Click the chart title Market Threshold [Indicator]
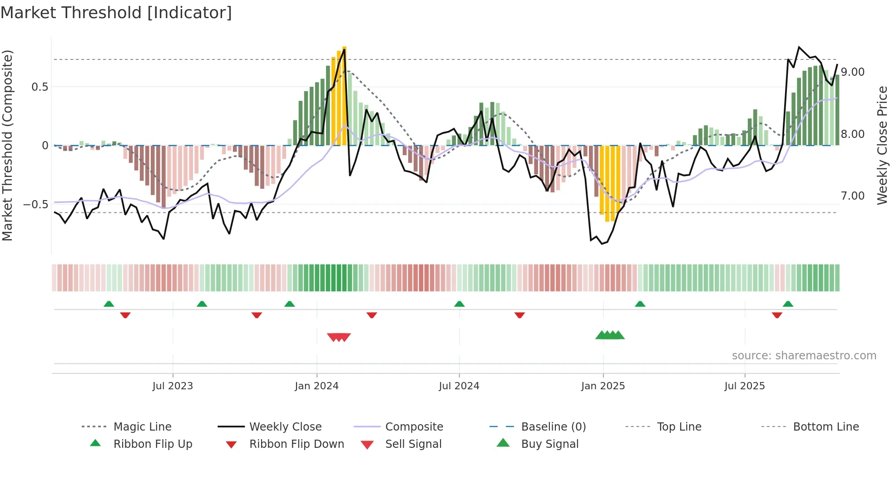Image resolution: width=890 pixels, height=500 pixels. (116, 13)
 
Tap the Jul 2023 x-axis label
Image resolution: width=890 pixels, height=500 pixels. (173, 386)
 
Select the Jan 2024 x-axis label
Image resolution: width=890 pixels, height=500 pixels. (316, 386)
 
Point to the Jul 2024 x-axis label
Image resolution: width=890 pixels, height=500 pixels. (459, 386)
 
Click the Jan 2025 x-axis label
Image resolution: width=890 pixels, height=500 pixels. (603, 386)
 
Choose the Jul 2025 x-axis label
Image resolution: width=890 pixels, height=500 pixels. (744, 386)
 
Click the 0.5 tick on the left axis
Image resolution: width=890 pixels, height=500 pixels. (40, 87)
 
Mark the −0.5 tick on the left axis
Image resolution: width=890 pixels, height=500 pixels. (35, 205)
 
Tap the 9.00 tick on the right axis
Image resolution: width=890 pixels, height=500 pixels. (852, 72)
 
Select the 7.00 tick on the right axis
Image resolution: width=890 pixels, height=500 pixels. (852, 196)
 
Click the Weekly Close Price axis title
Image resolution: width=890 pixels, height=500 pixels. (882, 145)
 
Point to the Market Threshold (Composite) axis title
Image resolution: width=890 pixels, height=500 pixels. (7, 145)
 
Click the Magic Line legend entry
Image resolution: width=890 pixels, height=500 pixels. (142, 427)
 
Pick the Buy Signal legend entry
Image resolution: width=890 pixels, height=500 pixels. (549, 444)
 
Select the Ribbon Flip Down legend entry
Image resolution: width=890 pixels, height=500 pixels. (296, 444)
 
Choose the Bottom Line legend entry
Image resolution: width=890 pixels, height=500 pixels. (826, 427)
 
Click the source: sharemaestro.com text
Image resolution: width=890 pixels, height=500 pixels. (804, 356)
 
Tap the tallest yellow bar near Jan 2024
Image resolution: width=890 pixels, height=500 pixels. (344, 95)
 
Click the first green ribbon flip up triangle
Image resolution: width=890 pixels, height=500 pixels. (109, 304)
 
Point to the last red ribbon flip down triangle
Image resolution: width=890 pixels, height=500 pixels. (776, 315)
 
